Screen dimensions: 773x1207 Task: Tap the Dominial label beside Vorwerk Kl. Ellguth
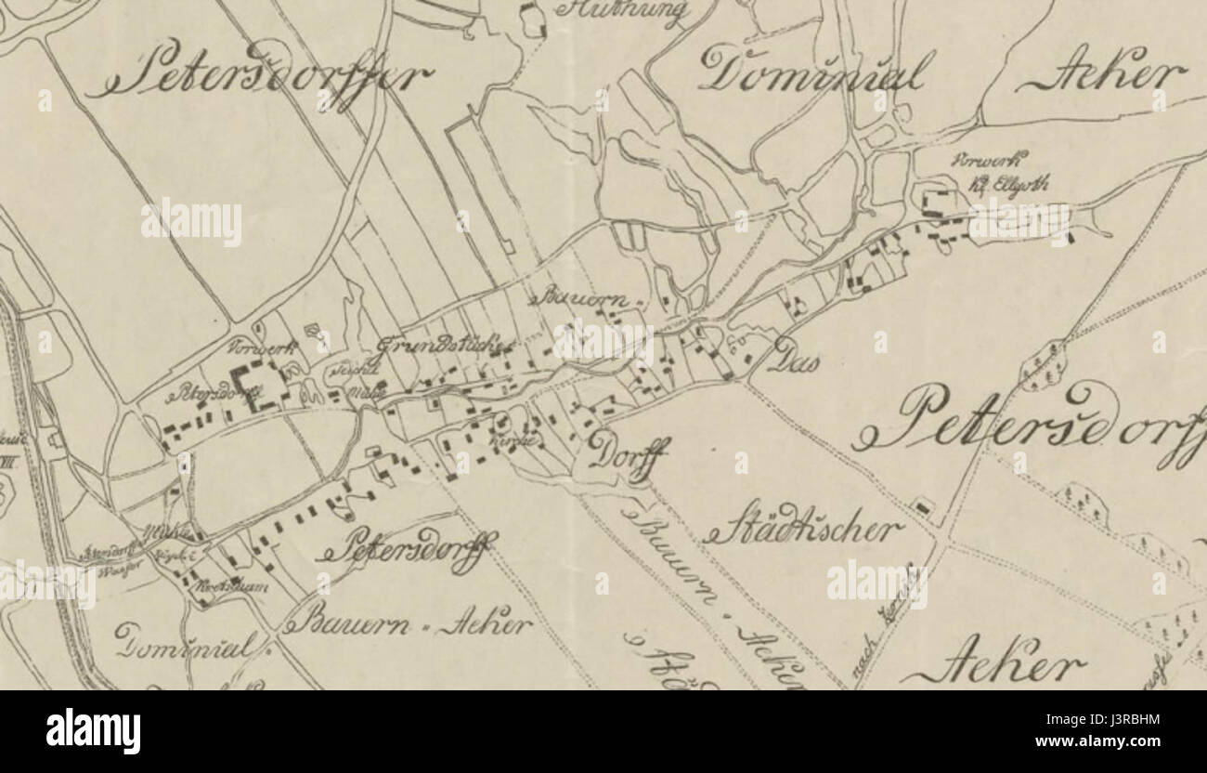click(x=812, y=71)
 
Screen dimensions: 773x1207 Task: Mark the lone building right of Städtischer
click(x=922, y=507)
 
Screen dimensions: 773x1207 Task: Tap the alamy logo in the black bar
click(x=93, y=730)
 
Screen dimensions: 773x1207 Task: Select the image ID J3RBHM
click(x=1131, y=718)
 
